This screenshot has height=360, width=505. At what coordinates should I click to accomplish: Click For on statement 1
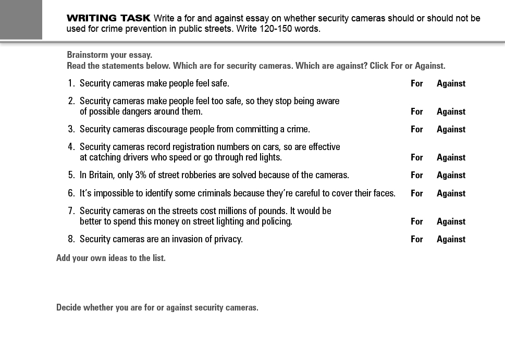pos(416,83)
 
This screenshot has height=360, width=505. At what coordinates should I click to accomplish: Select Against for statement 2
pos(451,111)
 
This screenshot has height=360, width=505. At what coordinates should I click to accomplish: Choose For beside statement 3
pos(416,129)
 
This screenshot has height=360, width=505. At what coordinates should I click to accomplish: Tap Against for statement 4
pos(451,157)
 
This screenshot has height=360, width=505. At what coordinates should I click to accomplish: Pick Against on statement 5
pos(451,175)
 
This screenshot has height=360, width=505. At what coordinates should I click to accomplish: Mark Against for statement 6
pos(451,193)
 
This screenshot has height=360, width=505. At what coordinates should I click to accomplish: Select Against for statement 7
pos(451,221)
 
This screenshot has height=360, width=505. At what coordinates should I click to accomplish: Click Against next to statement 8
pos(451,239)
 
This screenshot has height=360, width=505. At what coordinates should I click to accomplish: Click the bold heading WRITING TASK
pos(108,18)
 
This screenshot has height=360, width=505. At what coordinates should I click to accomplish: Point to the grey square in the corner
pos(21,19)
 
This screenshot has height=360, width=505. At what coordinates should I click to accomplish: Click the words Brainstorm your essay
pos(109,55)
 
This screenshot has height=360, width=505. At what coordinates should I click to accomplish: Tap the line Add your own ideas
pos(111,258)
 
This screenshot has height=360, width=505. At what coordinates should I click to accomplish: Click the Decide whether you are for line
pos(157,307)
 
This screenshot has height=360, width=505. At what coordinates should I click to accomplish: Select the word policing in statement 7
pos(277,221)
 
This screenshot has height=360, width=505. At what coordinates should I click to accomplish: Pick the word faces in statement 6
pos(385,193)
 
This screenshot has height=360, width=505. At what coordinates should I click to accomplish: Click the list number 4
pos(71,147)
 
